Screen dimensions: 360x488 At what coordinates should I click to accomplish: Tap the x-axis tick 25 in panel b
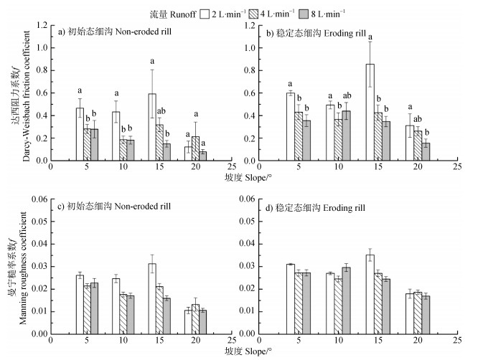pyautogui.click(x=456, y=168)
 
